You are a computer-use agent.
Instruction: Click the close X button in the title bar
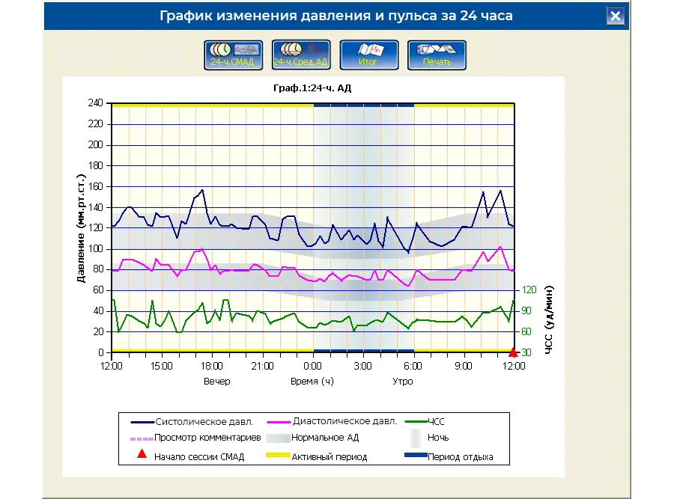pyautogui.click(x=615, y=16)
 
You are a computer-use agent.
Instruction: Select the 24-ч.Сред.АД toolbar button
pyautogui.click(x=300, y=55)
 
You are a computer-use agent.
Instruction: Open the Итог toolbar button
pyautogui.click(x=368, y=55)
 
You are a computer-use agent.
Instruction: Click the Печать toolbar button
pyautogui.click(x=437, y=55)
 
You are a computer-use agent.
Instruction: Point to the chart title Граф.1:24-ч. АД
pyautogui.click(x=313, y=88)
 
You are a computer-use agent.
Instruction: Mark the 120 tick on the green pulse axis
pyautogui.click(x=529, y=290)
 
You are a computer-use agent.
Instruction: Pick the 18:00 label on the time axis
pyautogui.click(x=212, y=366)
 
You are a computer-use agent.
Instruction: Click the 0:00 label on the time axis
pyautogui.click(x=312, y=366)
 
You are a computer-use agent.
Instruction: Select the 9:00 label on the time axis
pyautogui.click(x=464, y=366)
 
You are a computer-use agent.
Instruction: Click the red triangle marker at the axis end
pyautogui.click(x=513, y=352)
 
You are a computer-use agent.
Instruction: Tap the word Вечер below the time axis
pyautogui.click(x=217, y=381)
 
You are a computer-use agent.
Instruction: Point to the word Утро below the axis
pyautogui.click(x=403, y=381)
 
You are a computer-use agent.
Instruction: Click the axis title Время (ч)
pyautogui.click(x=312, y=381)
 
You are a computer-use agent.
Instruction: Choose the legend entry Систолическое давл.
pyautogui.click(x=198, y=422)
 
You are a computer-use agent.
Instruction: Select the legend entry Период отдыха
pyautogui.click(x=460, y=457)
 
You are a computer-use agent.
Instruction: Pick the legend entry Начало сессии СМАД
pyautogui.click(x=199, y=457)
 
